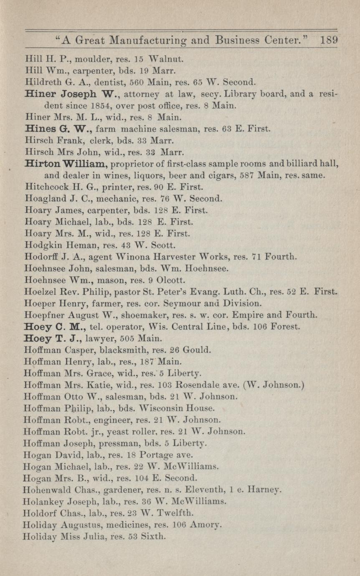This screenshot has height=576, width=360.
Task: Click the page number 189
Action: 329,40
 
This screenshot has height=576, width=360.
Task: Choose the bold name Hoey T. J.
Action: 56,338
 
